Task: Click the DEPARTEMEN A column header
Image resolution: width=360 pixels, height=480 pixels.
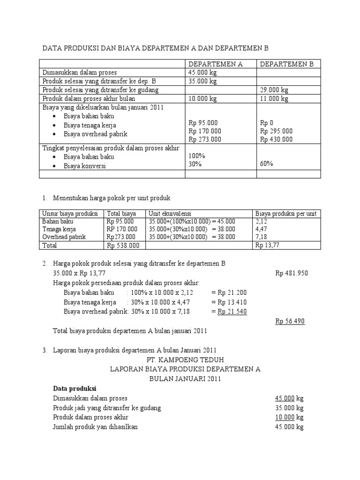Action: point(215,64)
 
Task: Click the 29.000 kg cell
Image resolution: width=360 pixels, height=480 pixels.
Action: point(274,90)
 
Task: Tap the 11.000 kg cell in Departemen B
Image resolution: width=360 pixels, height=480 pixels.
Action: point(274,98)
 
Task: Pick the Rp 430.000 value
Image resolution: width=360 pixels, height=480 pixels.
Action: point(276,139)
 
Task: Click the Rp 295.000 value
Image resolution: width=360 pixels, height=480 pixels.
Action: point(276,131)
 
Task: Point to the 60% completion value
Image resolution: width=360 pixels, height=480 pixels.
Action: point(267,164)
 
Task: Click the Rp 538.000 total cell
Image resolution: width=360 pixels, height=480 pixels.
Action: point(123,245)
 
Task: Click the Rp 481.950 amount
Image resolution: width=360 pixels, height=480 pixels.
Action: point(292,273)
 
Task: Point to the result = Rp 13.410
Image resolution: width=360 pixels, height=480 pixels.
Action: point(229,302)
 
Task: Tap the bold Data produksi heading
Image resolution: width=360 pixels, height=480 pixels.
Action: point(75,389)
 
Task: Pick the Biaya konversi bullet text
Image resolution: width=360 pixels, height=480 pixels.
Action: point(85,165)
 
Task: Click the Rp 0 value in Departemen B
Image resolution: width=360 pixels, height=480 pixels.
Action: point(267,122)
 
